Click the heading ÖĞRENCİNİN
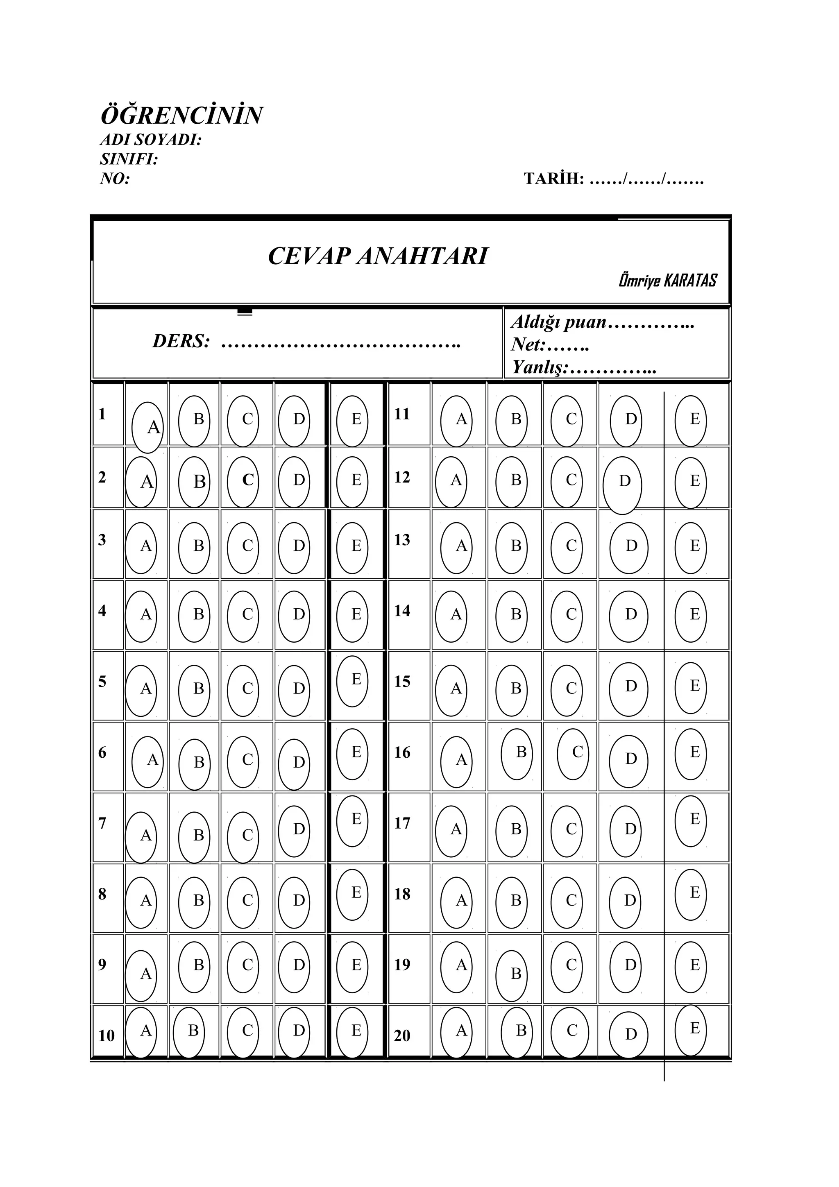[181, 115]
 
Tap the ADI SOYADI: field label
[150, 140]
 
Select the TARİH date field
[614, 179]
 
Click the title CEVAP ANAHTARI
[378, 256]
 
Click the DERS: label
[181, 341]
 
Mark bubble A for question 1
[148, 427]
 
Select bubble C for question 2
[243, 481]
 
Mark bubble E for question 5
[353, 680]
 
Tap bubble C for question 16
[573, 753]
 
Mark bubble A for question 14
[451, 615]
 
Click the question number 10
[107, 1035]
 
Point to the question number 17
[402, 823]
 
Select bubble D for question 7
[294, 830]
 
